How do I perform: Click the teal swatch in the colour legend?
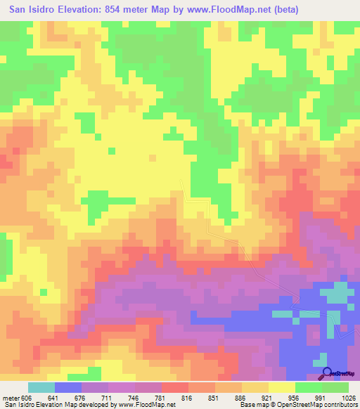pos(41,387)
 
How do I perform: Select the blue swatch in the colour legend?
pos(68,387)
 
